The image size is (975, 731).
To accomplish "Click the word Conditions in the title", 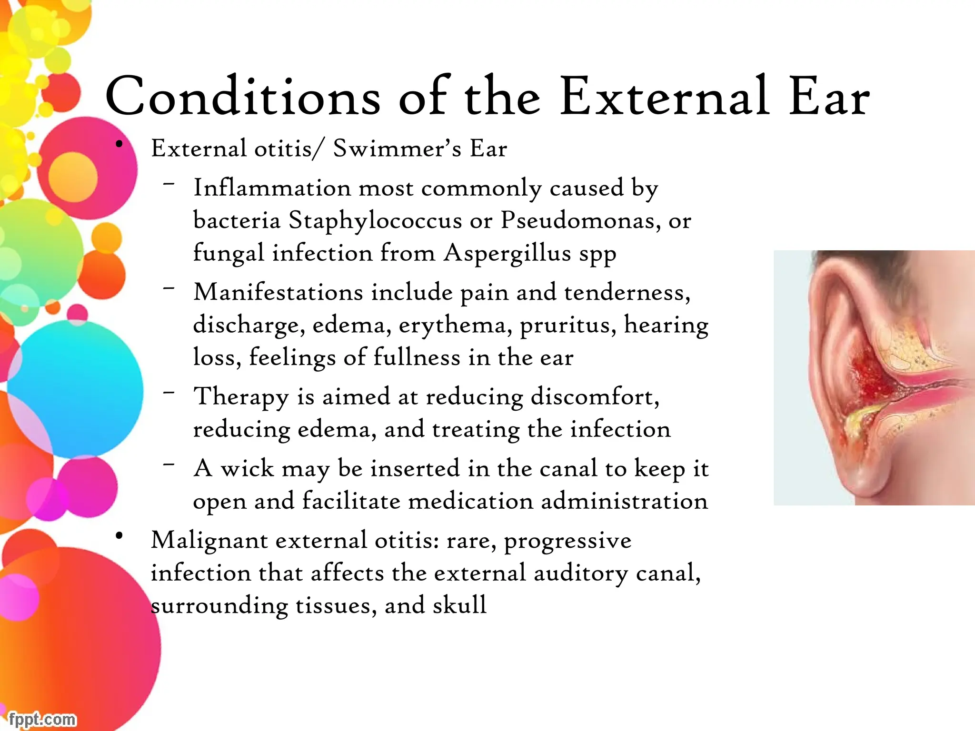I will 243,97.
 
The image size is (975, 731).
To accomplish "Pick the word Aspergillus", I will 507,253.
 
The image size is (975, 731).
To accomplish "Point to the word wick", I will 247,468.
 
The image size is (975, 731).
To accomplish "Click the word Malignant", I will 209,541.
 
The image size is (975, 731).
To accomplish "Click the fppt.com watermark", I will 42,719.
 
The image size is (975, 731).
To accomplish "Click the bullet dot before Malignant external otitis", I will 119,536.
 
